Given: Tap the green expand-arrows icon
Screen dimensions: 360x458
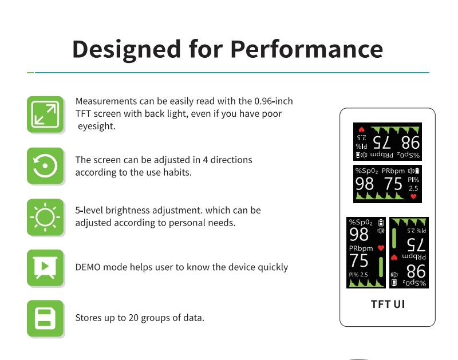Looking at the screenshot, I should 45,114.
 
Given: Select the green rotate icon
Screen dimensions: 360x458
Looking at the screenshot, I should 45,166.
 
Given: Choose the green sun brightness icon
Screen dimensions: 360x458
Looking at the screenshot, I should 45,217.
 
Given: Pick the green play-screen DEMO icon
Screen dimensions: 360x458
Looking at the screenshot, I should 45,268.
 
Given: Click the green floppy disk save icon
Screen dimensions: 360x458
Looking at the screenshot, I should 45,318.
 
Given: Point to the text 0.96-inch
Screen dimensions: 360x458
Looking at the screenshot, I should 273,101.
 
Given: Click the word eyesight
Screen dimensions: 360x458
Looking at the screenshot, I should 97,126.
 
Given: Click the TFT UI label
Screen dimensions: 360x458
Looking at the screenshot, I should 388,304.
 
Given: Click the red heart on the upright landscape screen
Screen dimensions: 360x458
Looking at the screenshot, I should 413,196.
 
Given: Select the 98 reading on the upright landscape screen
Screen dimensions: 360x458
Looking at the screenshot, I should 365,184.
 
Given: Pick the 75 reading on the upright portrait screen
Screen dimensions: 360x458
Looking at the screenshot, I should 359,261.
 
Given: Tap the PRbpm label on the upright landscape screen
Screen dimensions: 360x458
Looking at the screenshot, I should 393,171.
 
